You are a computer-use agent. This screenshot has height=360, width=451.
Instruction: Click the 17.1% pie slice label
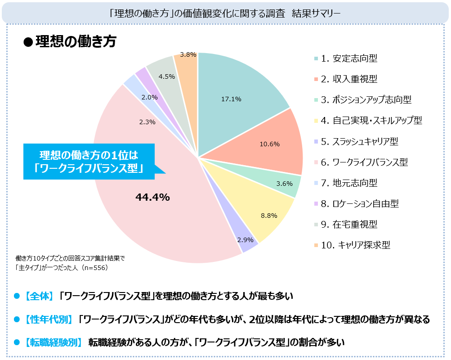pyautogui.click(x=231, y=99)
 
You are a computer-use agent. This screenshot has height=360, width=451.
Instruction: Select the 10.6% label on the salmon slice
pyautogui.click(x=270, y=144)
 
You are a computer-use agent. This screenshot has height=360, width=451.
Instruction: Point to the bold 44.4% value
pyautogui.click(x=152, y=197)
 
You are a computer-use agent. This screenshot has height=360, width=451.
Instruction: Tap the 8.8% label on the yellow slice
pyautogui.click(x=269, y=216)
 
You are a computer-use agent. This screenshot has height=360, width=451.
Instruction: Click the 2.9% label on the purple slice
pyautogui.click(x=246, y=240)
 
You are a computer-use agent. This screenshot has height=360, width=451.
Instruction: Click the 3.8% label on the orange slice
pyautogui.click(x=188, y=54)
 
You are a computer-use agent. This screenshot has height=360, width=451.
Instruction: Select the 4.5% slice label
pyautogui.click(x=167, y=76)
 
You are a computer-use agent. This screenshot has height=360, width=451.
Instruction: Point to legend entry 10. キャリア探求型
pyautogui.click(x=355, y=245)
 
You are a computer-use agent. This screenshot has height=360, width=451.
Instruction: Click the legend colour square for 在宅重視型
pyautogui.click(x=316, y=224)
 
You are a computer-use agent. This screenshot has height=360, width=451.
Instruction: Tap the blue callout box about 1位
pyautogui.click(x=89, y=161)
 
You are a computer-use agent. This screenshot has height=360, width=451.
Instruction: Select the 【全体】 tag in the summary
pyautogui.click(x=40, y=296)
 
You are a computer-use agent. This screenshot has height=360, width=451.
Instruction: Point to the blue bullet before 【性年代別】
pyautogui.click(x=17, y=319)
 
